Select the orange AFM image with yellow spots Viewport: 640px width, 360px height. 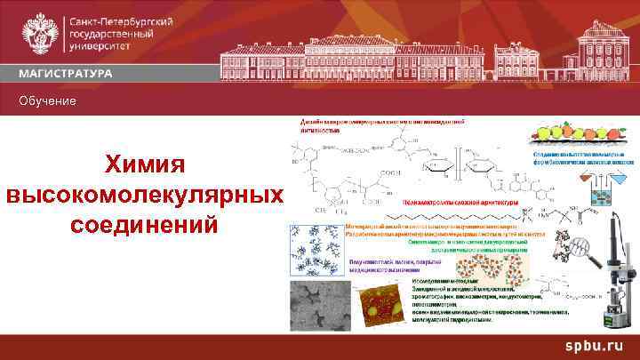point(381,308)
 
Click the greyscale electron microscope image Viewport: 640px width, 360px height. point(316,308)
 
